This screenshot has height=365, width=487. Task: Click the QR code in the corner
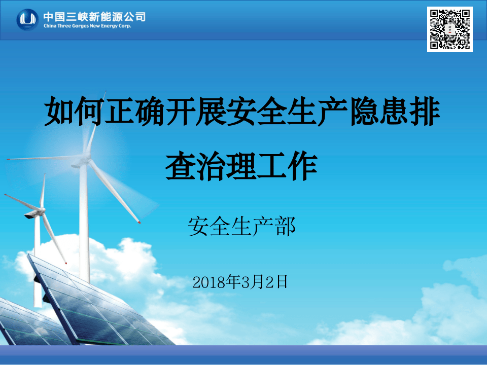(449, 29)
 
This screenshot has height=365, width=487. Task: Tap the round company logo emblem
(27, 20)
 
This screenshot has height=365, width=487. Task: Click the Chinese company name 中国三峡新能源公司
(94, 16)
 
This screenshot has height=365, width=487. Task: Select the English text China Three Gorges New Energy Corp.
(87, 26)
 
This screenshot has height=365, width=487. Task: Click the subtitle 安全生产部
(241, 226)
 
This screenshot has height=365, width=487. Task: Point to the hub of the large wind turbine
(83, 162)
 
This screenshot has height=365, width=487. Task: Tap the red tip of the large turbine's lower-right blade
(138, 222)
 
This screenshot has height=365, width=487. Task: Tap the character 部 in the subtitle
(286, 226)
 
